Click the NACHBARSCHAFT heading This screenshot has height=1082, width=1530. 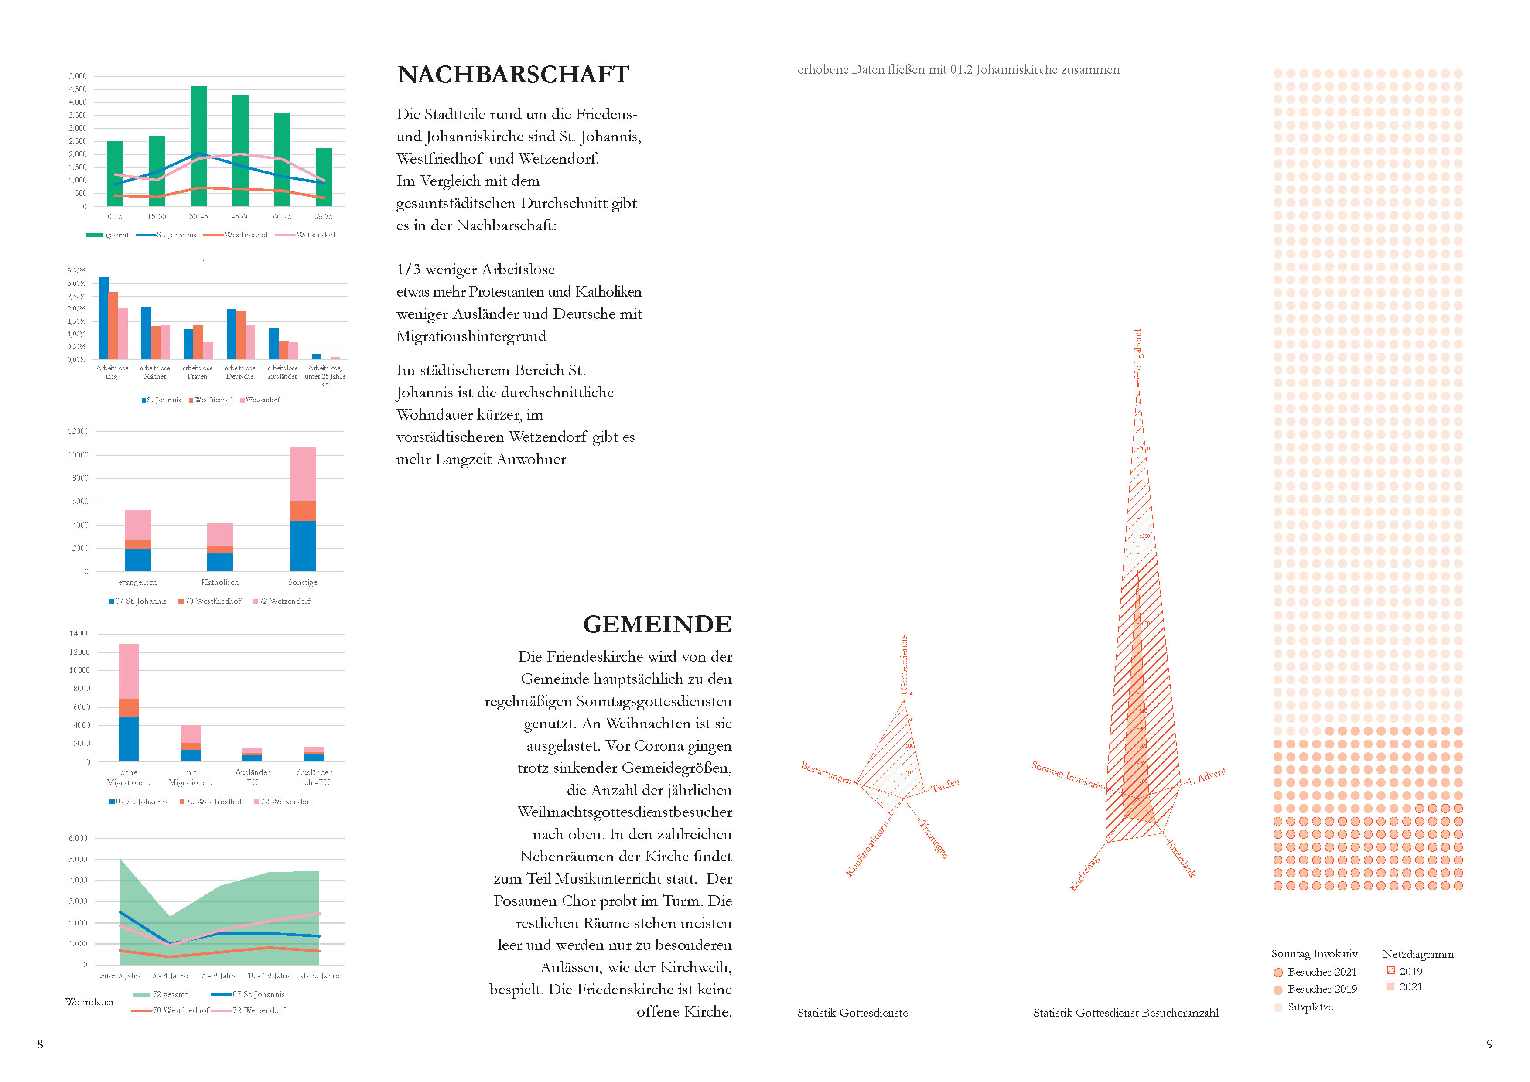(512, 75)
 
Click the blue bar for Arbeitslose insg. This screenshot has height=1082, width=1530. (104, 318)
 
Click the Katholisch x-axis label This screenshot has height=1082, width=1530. (220, 582)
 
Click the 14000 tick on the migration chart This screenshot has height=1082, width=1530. (79, 634)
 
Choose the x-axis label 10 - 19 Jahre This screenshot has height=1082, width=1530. (269, 976)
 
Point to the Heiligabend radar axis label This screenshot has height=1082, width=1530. (1138, 354)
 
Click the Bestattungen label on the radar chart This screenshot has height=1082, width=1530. (826, 772)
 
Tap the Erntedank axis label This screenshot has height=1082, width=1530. (1181, 859)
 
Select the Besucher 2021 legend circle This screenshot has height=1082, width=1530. (1278, 973)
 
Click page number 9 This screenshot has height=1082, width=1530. (1489, 1044)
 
